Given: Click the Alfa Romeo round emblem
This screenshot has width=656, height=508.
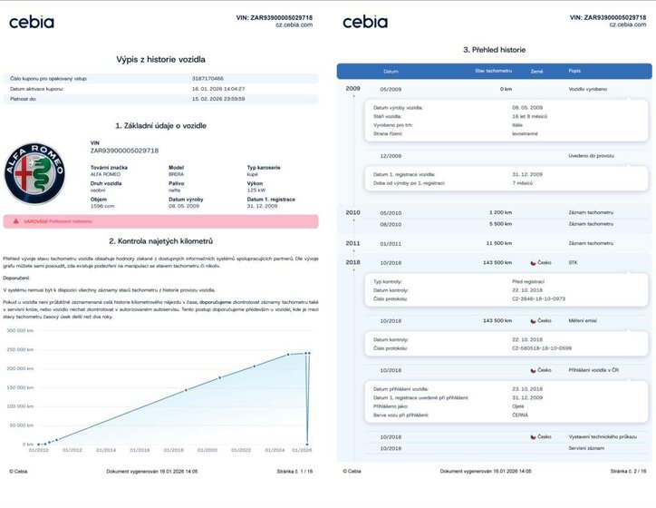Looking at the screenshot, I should tap(35, 172).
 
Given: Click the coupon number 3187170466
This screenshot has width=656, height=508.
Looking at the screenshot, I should tap(208, 79).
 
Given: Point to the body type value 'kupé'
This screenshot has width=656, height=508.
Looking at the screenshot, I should tap(254, 173).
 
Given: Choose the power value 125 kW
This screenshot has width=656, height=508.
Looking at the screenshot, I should tap(256, 190).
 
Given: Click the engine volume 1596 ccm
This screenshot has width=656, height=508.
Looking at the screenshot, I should tap(103, 206).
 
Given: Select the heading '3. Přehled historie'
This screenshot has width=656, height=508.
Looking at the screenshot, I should tap(494, 50).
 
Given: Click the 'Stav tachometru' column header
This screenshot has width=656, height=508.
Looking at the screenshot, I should tap(494, 70).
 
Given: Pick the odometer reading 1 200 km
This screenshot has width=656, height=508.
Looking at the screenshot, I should tap(500, 212).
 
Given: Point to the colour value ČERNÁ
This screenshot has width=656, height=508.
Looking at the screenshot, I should tap(521, 415).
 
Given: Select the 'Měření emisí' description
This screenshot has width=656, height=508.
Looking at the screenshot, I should tap(582, 320).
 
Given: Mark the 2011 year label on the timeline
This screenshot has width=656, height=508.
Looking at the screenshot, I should tap(352, 243).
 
